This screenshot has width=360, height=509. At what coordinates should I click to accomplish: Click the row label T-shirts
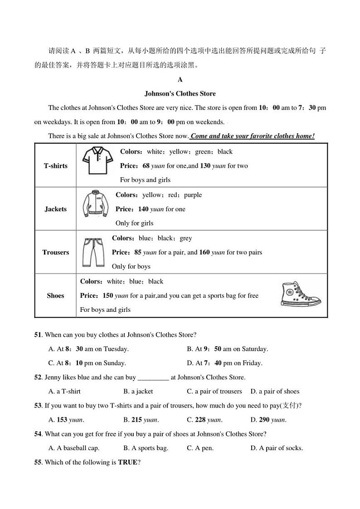tap(55, 166)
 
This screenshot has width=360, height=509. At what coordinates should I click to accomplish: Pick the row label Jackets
tap(55, 209)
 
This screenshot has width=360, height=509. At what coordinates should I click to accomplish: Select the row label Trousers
tap(55, 252)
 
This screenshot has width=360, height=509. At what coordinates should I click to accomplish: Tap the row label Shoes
tap(55, 296)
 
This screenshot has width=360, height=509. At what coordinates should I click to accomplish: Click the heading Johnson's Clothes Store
tap(180, 94)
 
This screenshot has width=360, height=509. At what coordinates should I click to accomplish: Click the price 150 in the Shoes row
tap(108, 296)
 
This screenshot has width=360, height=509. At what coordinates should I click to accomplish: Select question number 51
tap(38, 335)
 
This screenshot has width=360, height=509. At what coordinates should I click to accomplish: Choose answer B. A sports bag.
tap(146, 448)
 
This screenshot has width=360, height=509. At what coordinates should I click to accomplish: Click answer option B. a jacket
tap(138, 392)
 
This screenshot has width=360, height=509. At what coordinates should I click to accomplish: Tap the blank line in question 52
tap(153, 378)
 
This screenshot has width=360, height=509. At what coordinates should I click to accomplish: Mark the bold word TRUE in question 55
tap(127, 463)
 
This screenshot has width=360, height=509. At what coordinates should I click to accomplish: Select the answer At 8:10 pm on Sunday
tap(87, 363)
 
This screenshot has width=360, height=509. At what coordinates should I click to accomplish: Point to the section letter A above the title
tap(180, 80)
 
